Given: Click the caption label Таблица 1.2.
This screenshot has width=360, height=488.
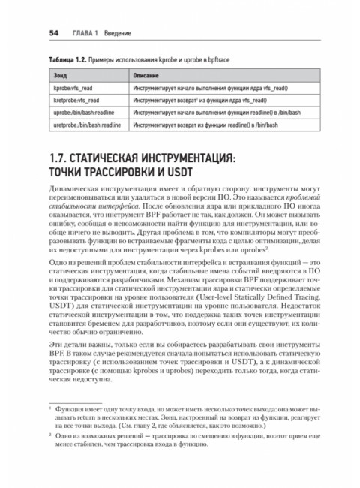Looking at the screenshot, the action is click(x=69, y=59).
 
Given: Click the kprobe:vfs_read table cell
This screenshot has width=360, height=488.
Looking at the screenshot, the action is click(x=72, y=89).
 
